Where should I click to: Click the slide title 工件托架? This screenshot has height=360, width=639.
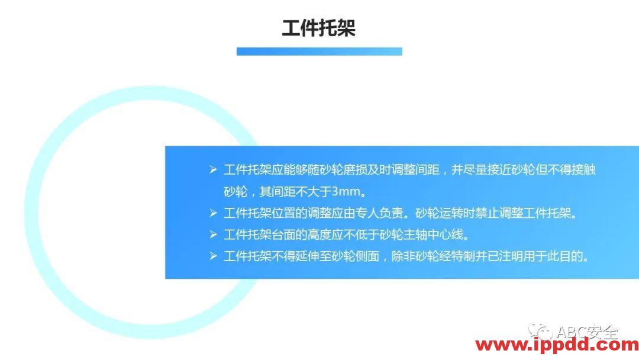(x=318, y=28)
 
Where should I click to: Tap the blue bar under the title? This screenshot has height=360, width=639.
(x=319, y=52)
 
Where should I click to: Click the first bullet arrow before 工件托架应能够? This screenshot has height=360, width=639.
(x=213, y=170)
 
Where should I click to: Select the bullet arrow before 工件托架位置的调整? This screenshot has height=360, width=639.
(x=213, y=213)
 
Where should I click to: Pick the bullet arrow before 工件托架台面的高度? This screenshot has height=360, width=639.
(x=213, y=234)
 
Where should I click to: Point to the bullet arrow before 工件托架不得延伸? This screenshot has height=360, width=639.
(x=213, y=256)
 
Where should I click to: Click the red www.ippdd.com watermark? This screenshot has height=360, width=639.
(x=557, y=345)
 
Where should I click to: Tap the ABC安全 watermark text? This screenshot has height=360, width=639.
(x=586, y=331)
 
